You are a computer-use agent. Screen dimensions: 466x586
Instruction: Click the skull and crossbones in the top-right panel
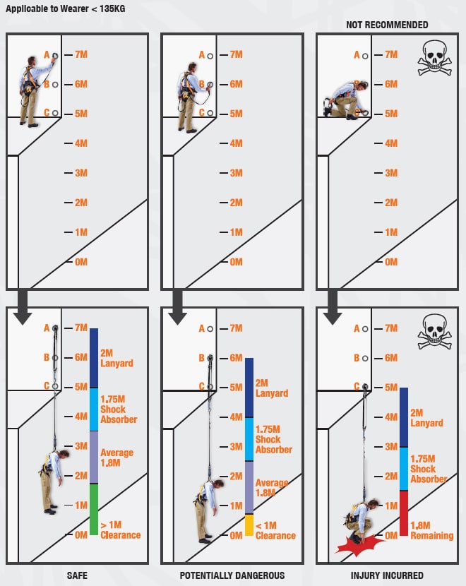[434, 58]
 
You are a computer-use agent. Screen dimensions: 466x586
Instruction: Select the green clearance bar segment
[94, 509]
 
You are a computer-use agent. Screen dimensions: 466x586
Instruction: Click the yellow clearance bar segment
[249, 525]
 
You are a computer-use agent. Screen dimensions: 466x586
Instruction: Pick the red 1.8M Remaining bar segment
[404, 513]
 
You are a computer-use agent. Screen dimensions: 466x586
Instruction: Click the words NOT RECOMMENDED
[387, 25]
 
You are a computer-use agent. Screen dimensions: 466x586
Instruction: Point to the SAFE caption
[78, 575]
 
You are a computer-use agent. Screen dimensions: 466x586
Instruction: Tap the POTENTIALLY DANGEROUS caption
[232, 575]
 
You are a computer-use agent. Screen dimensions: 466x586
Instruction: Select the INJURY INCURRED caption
[387, 575]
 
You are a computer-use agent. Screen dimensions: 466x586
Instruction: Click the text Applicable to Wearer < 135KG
[66, 8]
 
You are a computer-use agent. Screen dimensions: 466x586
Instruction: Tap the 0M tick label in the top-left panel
[81, 262]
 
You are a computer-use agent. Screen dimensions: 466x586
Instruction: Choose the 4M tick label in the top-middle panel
[236, 143]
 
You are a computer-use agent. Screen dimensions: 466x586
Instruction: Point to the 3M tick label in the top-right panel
[391, 173]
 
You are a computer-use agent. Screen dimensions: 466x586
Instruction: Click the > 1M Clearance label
[120, 530]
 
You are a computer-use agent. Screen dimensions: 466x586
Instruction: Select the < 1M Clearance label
[275, 531]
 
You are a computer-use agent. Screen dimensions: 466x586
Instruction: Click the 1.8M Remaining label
[431, 531]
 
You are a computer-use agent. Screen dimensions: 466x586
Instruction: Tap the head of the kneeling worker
[362, 86]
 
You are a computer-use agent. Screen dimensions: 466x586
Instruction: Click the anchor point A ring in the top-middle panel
[210, 56]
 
